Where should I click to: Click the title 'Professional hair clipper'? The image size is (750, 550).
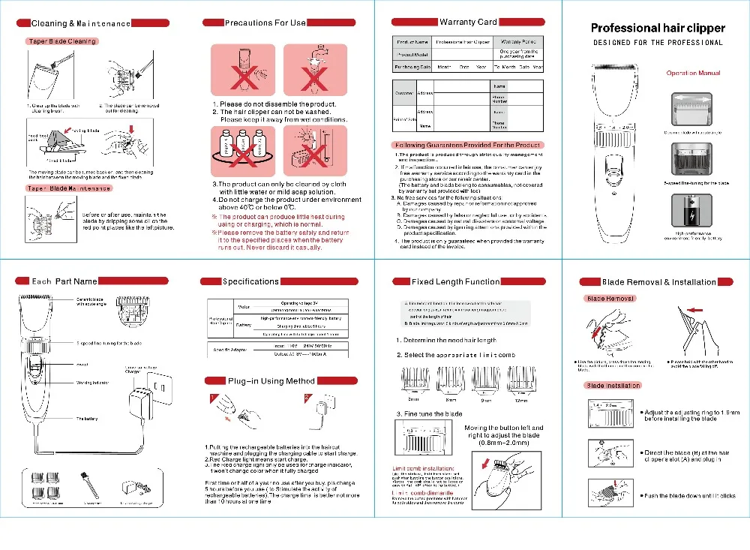point(658,28)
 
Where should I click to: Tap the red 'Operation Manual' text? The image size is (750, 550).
point(693,73)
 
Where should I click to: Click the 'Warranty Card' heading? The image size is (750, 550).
point(467,22)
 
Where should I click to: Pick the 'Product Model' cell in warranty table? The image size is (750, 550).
point(412,54)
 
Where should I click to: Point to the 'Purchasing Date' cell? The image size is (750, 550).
point(412,67)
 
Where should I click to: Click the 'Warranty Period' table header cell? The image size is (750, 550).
point(517,42)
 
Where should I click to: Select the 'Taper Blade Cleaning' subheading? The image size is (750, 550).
point(61,41)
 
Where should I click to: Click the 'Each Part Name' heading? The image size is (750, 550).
point(64,281)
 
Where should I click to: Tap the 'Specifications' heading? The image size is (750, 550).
point(250,281)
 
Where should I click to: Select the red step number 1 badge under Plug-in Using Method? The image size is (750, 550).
point(213,398)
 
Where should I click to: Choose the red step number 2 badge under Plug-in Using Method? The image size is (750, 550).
point(307,398)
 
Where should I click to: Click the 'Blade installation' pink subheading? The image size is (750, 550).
point(613,385)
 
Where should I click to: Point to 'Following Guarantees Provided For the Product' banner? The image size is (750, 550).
point(466,145)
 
